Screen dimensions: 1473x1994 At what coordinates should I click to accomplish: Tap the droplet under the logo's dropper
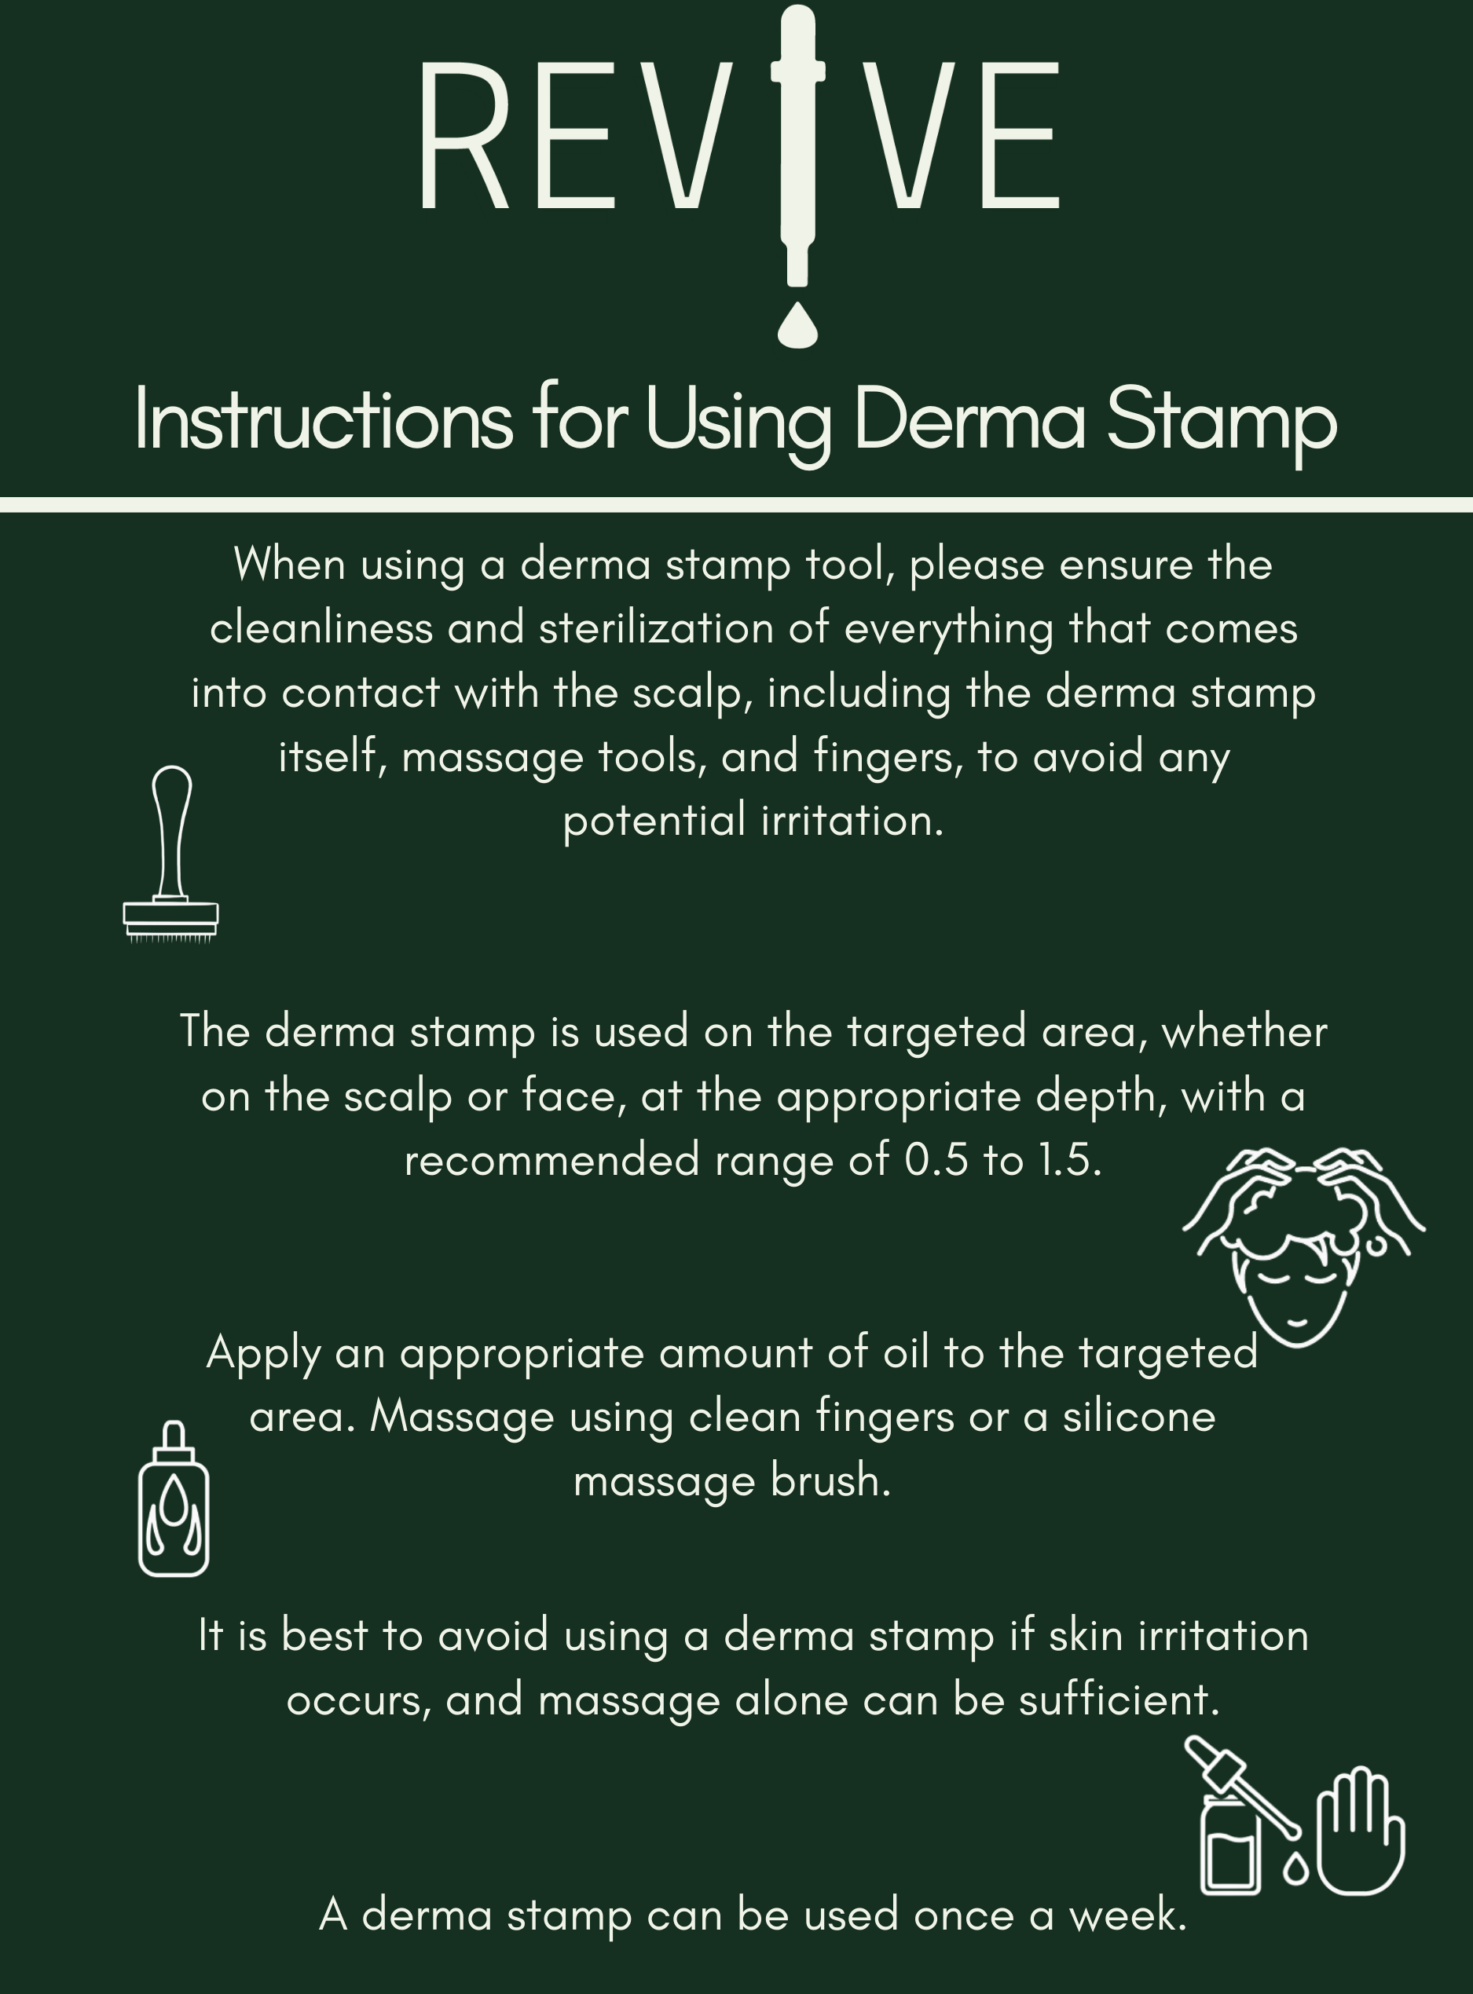click(797, 324)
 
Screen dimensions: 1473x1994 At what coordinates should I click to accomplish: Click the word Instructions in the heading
click(324, 421)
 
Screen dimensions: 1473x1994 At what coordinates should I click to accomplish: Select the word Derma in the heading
click(969, 421)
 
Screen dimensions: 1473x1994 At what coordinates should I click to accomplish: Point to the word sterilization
click(655, 628)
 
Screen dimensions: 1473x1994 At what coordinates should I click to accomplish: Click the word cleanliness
click(322, 628)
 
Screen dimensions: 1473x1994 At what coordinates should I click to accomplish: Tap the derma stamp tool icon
click(170, 853)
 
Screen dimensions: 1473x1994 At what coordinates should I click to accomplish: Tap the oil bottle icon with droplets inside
click(174, 1499)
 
